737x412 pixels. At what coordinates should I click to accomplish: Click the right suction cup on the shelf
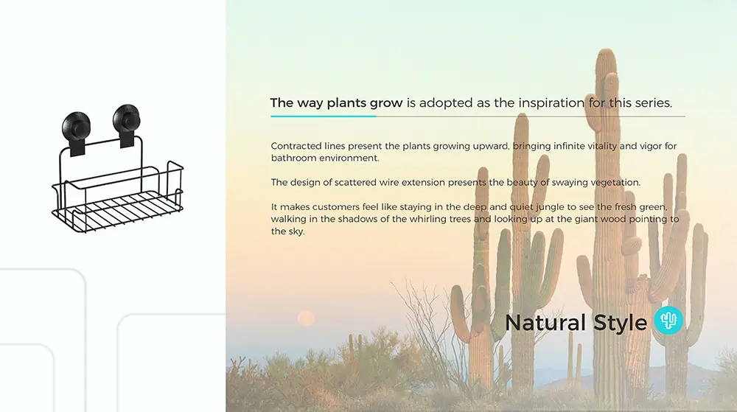point(127,119)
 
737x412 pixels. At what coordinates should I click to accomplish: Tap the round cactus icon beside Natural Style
point(668,321)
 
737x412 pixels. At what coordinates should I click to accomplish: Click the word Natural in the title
point(545,323)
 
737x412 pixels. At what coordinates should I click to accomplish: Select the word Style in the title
point(620,324)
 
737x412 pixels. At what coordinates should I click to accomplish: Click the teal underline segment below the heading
point(324,116)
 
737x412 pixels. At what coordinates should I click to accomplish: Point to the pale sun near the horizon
point(306,318)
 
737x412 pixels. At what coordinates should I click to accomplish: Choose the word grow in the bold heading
point(386,103)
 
